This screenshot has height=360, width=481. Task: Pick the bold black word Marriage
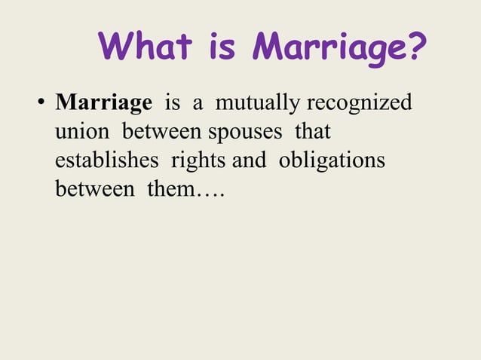pos(103,103)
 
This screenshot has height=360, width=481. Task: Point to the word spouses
pos(244,133)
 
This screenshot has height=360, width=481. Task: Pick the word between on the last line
pos(93,189)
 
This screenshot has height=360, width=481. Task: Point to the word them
pos(171,189)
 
